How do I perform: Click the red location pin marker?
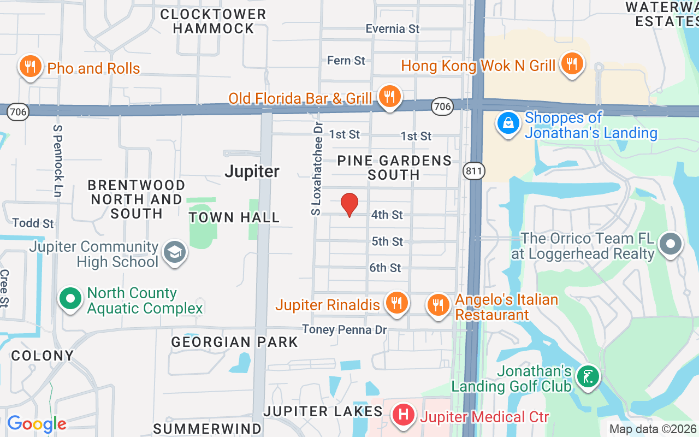coord(349,205)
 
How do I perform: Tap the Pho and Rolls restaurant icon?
coord(31,67)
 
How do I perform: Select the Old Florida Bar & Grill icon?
coord(389,97)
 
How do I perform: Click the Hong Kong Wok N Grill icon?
coord(571,64)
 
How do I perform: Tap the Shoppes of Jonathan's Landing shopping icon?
coord(508,123)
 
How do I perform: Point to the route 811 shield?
coord(473,172)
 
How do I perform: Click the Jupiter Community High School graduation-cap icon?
coord(175,252)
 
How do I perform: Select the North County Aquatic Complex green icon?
coord(70,299)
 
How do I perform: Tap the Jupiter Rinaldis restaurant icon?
coord(396,303)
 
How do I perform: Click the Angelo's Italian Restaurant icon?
coord(438,305)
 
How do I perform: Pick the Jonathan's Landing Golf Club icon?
coord(588,376)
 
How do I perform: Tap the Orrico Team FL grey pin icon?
coord(671,244)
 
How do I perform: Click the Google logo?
coord(37,423)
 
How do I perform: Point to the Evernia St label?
coord(392,28)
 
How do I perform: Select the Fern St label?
coord(346,60)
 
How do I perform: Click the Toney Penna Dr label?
coord(345,329)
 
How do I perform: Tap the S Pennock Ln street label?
coord(57,160)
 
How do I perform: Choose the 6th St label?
coord(385,268)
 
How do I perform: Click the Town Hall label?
coord(234,217)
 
